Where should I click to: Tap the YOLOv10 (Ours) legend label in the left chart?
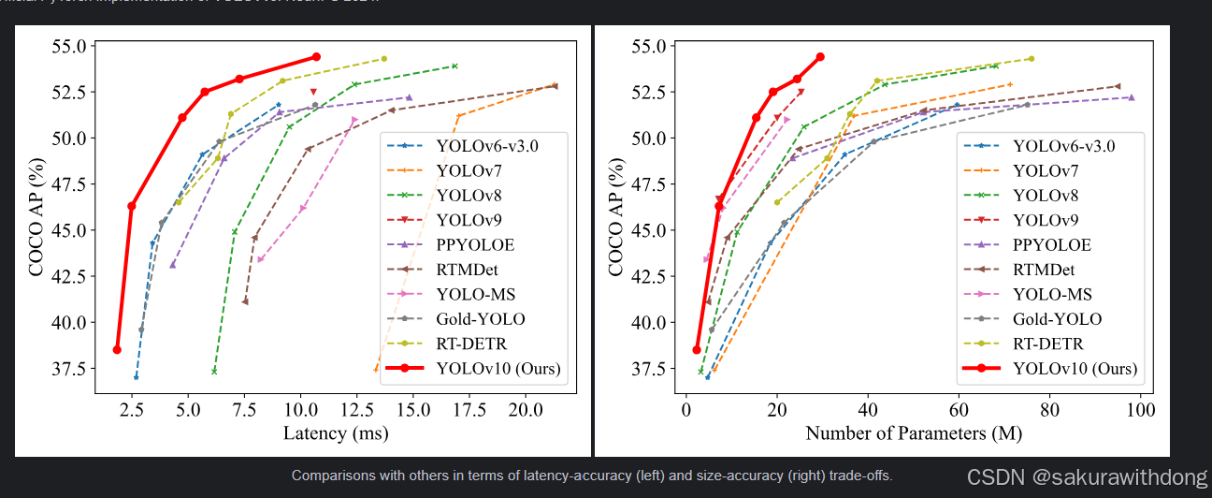click(498, 369)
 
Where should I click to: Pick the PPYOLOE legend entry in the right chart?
click(1051, 244)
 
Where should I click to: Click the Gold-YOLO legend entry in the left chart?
click(480, 319)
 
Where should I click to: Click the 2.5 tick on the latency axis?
click(133, 410)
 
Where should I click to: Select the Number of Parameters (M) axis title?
click(913, 433)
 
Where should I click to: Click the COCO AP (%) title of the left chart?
click(36, 209)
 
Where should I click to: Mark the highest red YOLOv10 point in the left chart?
click(316, 57)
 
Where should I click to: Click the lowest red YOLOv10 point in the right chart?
click(697, 349)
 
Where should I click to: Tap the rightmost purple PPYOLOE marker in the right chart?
click(1131, 97)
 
